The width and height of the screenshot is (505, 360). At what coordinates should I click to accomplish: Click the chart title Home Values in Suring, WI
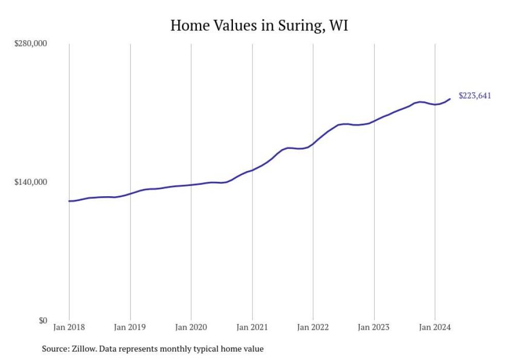(x=259, y=25)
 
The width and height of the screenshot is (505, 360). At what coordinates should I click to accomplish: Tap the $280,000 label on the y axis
(x=30, y=43)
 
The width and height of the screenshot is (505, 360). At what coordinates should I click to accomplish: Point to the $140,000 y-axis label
(x=30, y=182)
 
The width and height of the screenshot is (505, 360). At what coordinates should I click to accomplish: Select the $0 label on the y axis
(x=42, y=320)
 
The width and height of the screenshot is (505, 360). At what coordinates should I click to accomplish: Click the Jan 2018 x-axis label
(x=69, y=327)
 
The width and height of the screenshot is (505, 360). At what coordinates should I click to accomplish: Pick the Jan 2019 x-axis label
(x=130, y=327)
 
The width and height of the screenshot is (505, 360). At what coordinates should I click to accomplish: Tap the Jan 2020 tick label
(x=191, y=327)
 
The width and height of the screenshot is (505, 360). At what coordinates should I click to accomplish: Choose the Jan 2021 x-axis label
(x=252, y=327)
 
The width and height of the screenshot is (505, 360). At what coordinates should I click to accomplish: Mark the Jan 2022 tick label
(x=313, y=327)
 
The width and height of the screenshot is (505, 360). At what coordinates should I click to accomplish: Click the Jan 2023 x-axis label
(x=374, y=327)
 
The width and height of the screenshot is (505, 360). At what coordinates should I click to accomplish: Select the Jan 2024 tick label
(x=435, y=327)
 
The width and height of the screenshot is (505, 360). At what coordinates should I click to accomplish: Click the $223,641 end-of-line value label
(x=475, y=95)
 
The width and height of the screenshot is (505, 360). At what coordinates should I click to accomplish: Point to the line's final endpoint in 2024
(x=450, y=99)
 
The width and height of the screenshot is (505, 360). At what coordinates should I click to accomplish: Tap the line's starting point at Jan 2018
(x=69, y=201)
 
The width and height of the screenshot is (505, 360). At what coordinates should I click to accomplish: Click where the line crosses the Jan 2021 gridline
(x=252, y=170)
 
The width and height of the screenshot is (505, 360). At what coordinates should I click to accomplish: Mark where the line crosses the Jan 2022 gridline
(x=313, y=144)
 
